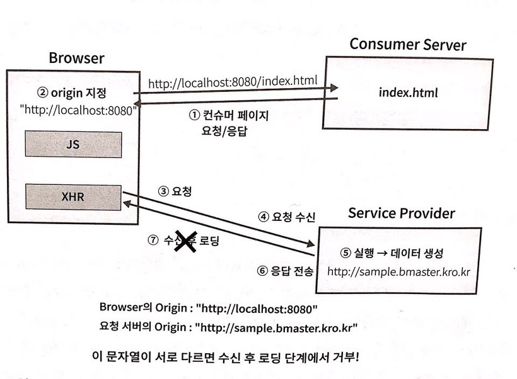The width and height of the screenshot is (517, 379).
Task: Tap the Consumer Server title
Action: tap(408, 45)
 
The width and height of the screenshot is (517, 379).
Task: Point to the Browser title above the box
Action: tap(76, 59)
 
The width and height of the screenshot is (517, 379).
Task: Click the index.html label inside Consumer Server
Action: tap(408, 93)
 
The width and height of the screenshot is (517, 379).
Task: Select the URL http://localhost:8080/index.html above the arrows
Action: tap(233, 82)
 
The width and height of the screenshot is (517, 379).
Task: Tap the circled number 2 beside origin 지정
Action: tap(42, 93)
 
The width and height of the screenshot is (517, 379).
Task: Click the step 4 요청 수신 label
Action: tap(286, 217)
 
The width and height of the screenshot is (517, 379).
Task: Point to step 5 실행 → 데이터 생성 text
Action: tap(392, 254)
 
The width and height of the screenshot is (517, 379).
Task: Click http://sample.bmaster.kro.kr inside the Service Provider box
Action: tap(400, 272)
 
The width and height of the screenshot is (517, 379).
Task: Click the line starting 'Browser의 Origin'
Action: tap(208, 308)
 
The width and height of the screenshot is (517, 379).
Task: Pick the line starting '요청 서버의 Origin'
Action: tap(228, 327)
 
